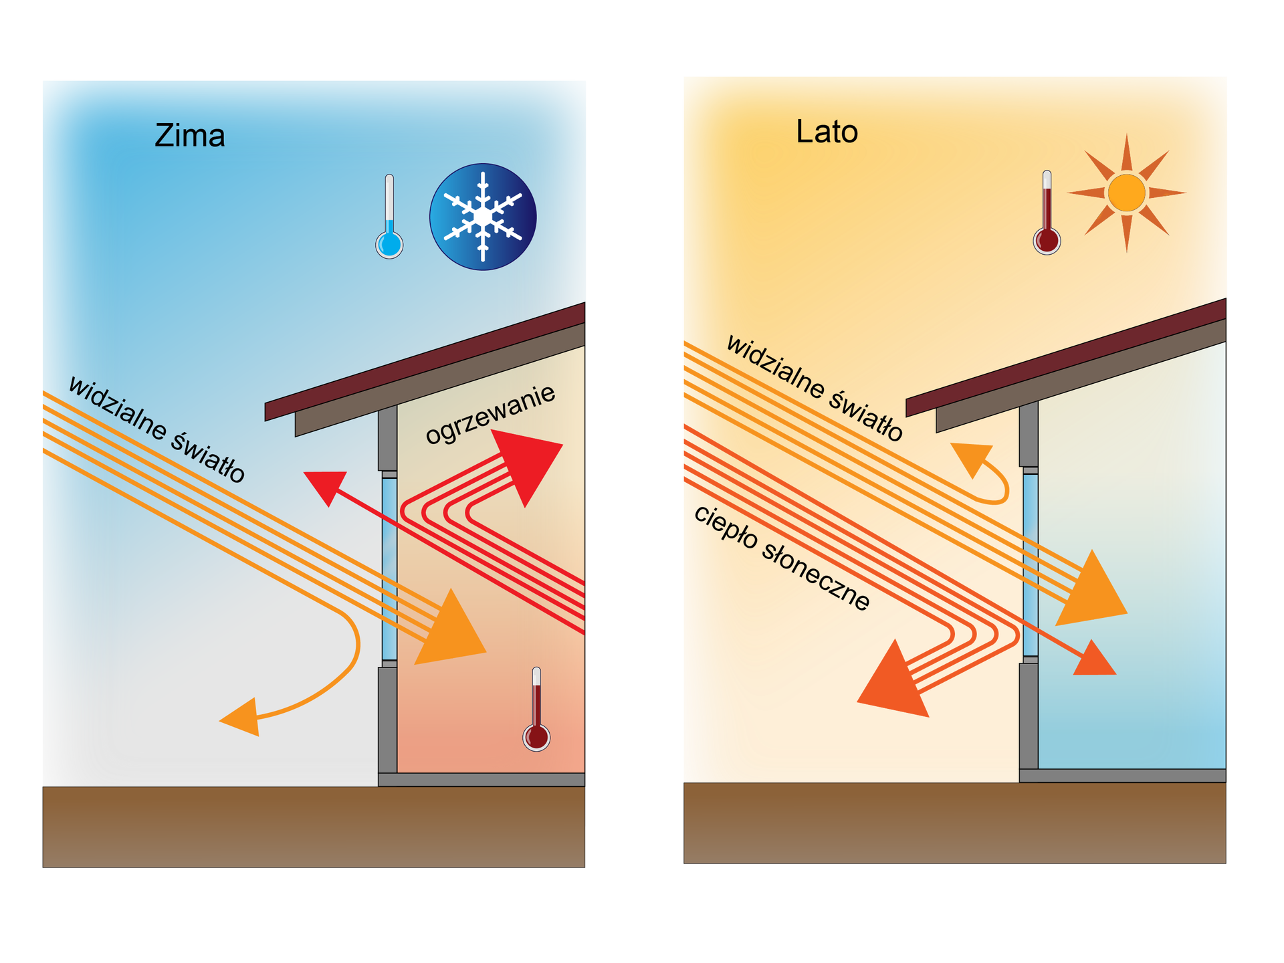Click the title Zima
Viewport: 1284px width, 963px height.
click(190, 136)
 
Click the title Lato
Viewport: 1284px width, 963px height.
click(827, 132)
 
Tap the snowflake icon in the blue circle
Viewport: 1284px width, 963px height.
click(483, 217)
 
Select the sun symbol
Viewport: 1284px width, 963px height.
click(1127, 193)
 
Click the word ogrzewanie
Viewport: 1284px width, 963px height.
click(490, 414)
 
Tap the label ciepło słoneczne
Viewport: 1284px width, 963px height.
click(782, 558)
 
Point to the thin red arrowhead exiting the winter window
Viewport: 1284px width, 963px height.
click(326, 485)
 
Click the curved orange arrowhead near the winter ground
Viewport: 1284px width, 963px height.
click(242, 718)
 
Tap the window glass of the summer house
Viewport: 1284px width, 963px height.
click(1031, 565)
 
